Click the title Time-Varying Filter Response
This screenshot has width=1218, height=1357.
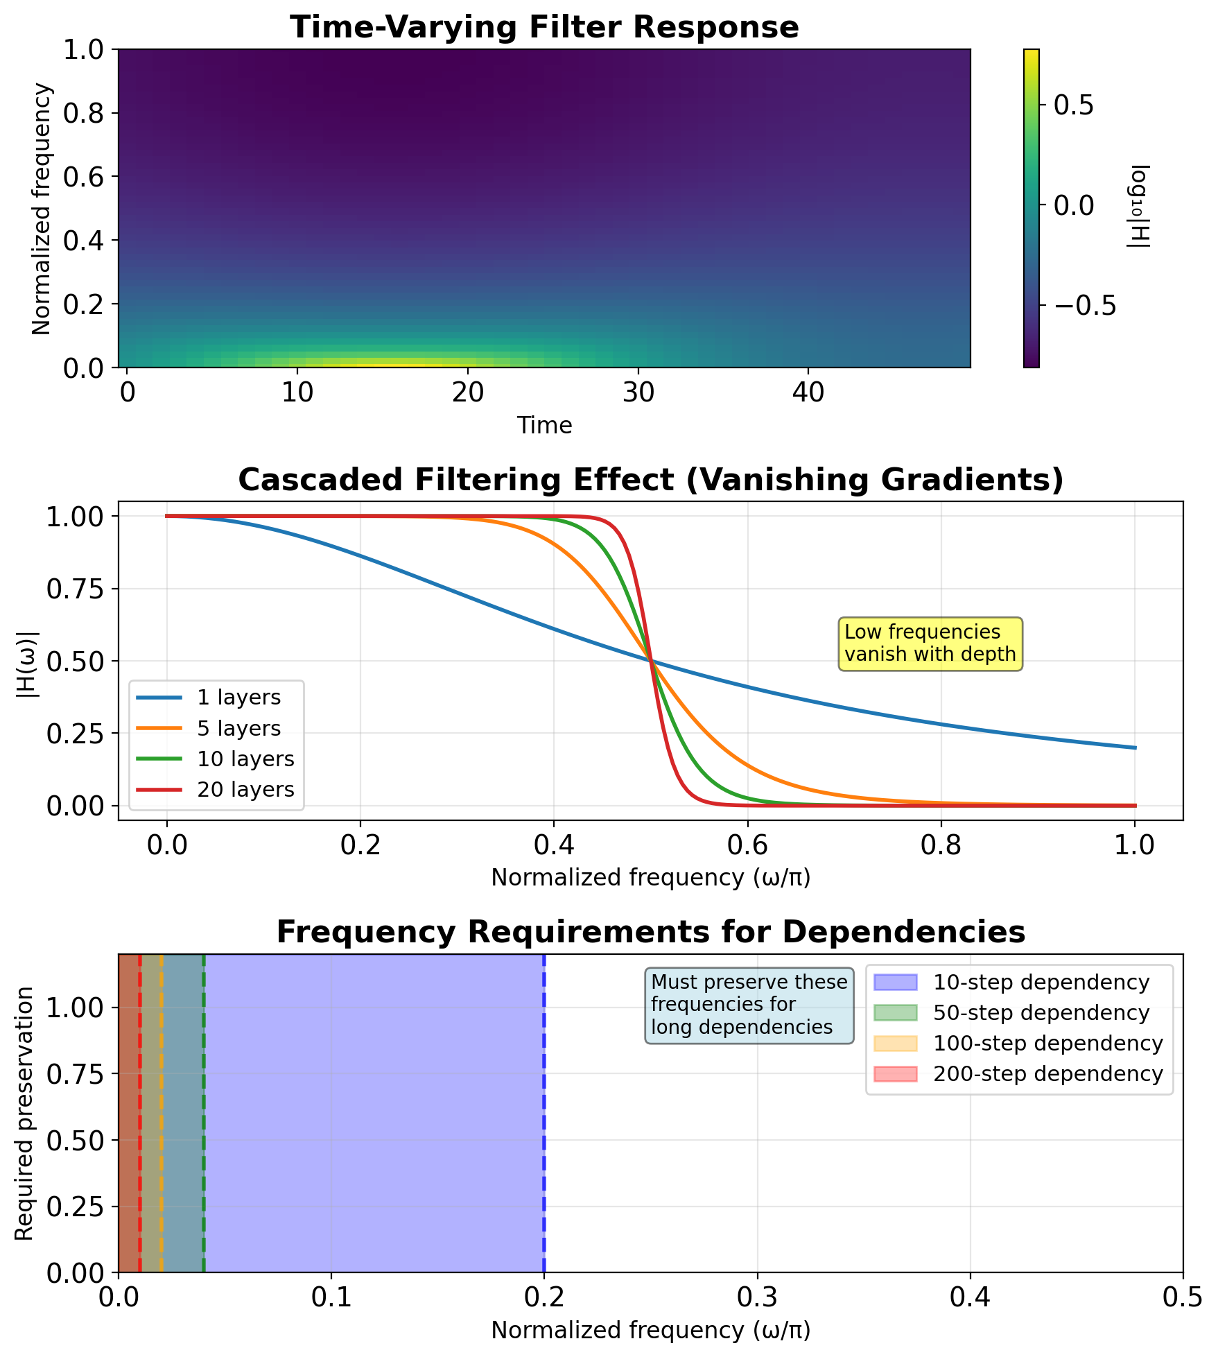point(544,28)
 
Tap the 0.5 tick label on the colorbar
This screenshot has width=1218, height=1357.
point(1073,105)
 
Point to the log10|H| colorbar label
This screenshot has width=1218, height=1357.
point(1138,207)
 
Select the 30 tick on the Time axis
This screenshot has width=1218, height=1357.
point(638,393)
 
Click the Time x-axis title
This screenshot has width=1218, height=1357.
point(544,425)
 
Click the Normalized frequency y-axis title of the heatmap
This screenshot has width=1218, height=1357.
point(42,208)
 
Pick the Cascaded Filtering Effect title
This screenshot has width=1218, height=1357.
point(650,480)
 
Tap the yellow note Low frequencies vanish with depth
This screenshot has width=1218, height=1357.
point(930,643)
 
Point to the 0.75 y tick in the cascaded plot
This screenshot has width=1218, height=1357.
point(73,589)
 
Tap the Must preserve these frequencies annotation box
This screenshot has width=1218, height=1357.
point(749,1005)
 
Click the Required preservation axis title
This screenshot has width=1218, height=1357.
point(24,1113)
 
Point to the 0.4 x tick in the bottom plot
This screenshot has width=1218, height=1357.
point(970,1297)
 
